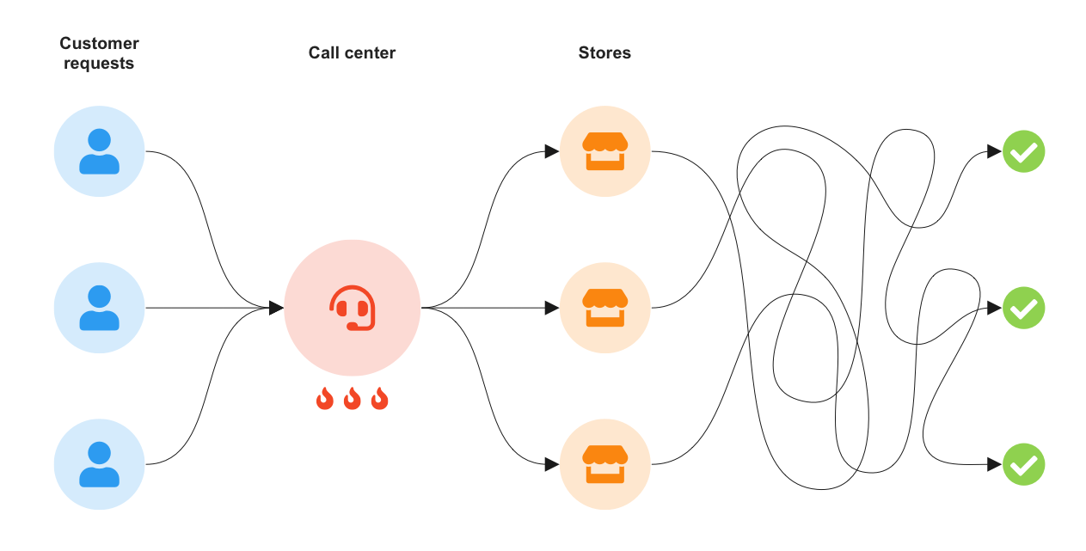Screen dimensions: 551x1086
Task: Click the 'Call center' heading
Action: pos(352,52)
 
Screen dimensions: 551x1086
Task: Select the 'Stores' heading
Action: pos(604,52)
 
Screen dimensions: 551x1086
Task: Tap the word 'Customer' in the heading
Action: pos(99,43)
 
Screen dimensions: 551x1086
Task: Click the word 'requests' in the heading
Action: pos(99,63)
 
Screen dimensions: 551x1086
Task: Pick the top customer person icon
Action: pos(99,151)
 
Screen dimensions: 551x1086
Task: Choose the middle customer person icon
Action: pos(99,308)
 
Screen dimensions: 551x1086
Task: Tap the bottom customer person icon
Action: pos(99,464)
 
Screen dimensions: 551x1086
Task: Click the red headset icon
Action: pos(352,308)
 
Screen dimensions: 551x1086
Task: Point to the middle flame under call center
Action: pos(352,399)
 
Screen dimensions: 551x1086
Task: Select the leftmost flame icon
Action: pos(324,399)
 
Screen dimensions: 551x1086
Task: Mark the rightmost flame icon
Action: pos(379,399)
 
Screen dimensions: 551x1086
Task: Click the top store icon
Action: pos(604,151)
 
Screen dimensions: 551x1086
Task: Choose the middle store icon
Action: pos(604,308)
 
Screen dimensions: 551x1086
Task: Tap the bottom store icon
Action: pos(604,464)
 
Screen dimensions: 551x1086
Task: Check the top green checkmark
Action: pos(1023,151)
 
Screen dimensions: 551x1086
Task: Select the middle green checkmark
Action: pos(1023,308)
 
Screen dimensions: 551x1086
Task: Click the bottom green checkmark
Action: pos(1023,464)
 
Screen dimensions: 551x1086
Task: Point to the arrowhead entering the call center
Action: pos(276,308)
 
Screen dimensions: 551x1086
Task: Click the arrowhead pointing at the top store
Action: pos(552,151)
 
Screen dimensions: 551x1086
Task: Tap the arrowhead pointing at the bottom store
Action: pos(552,464)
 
